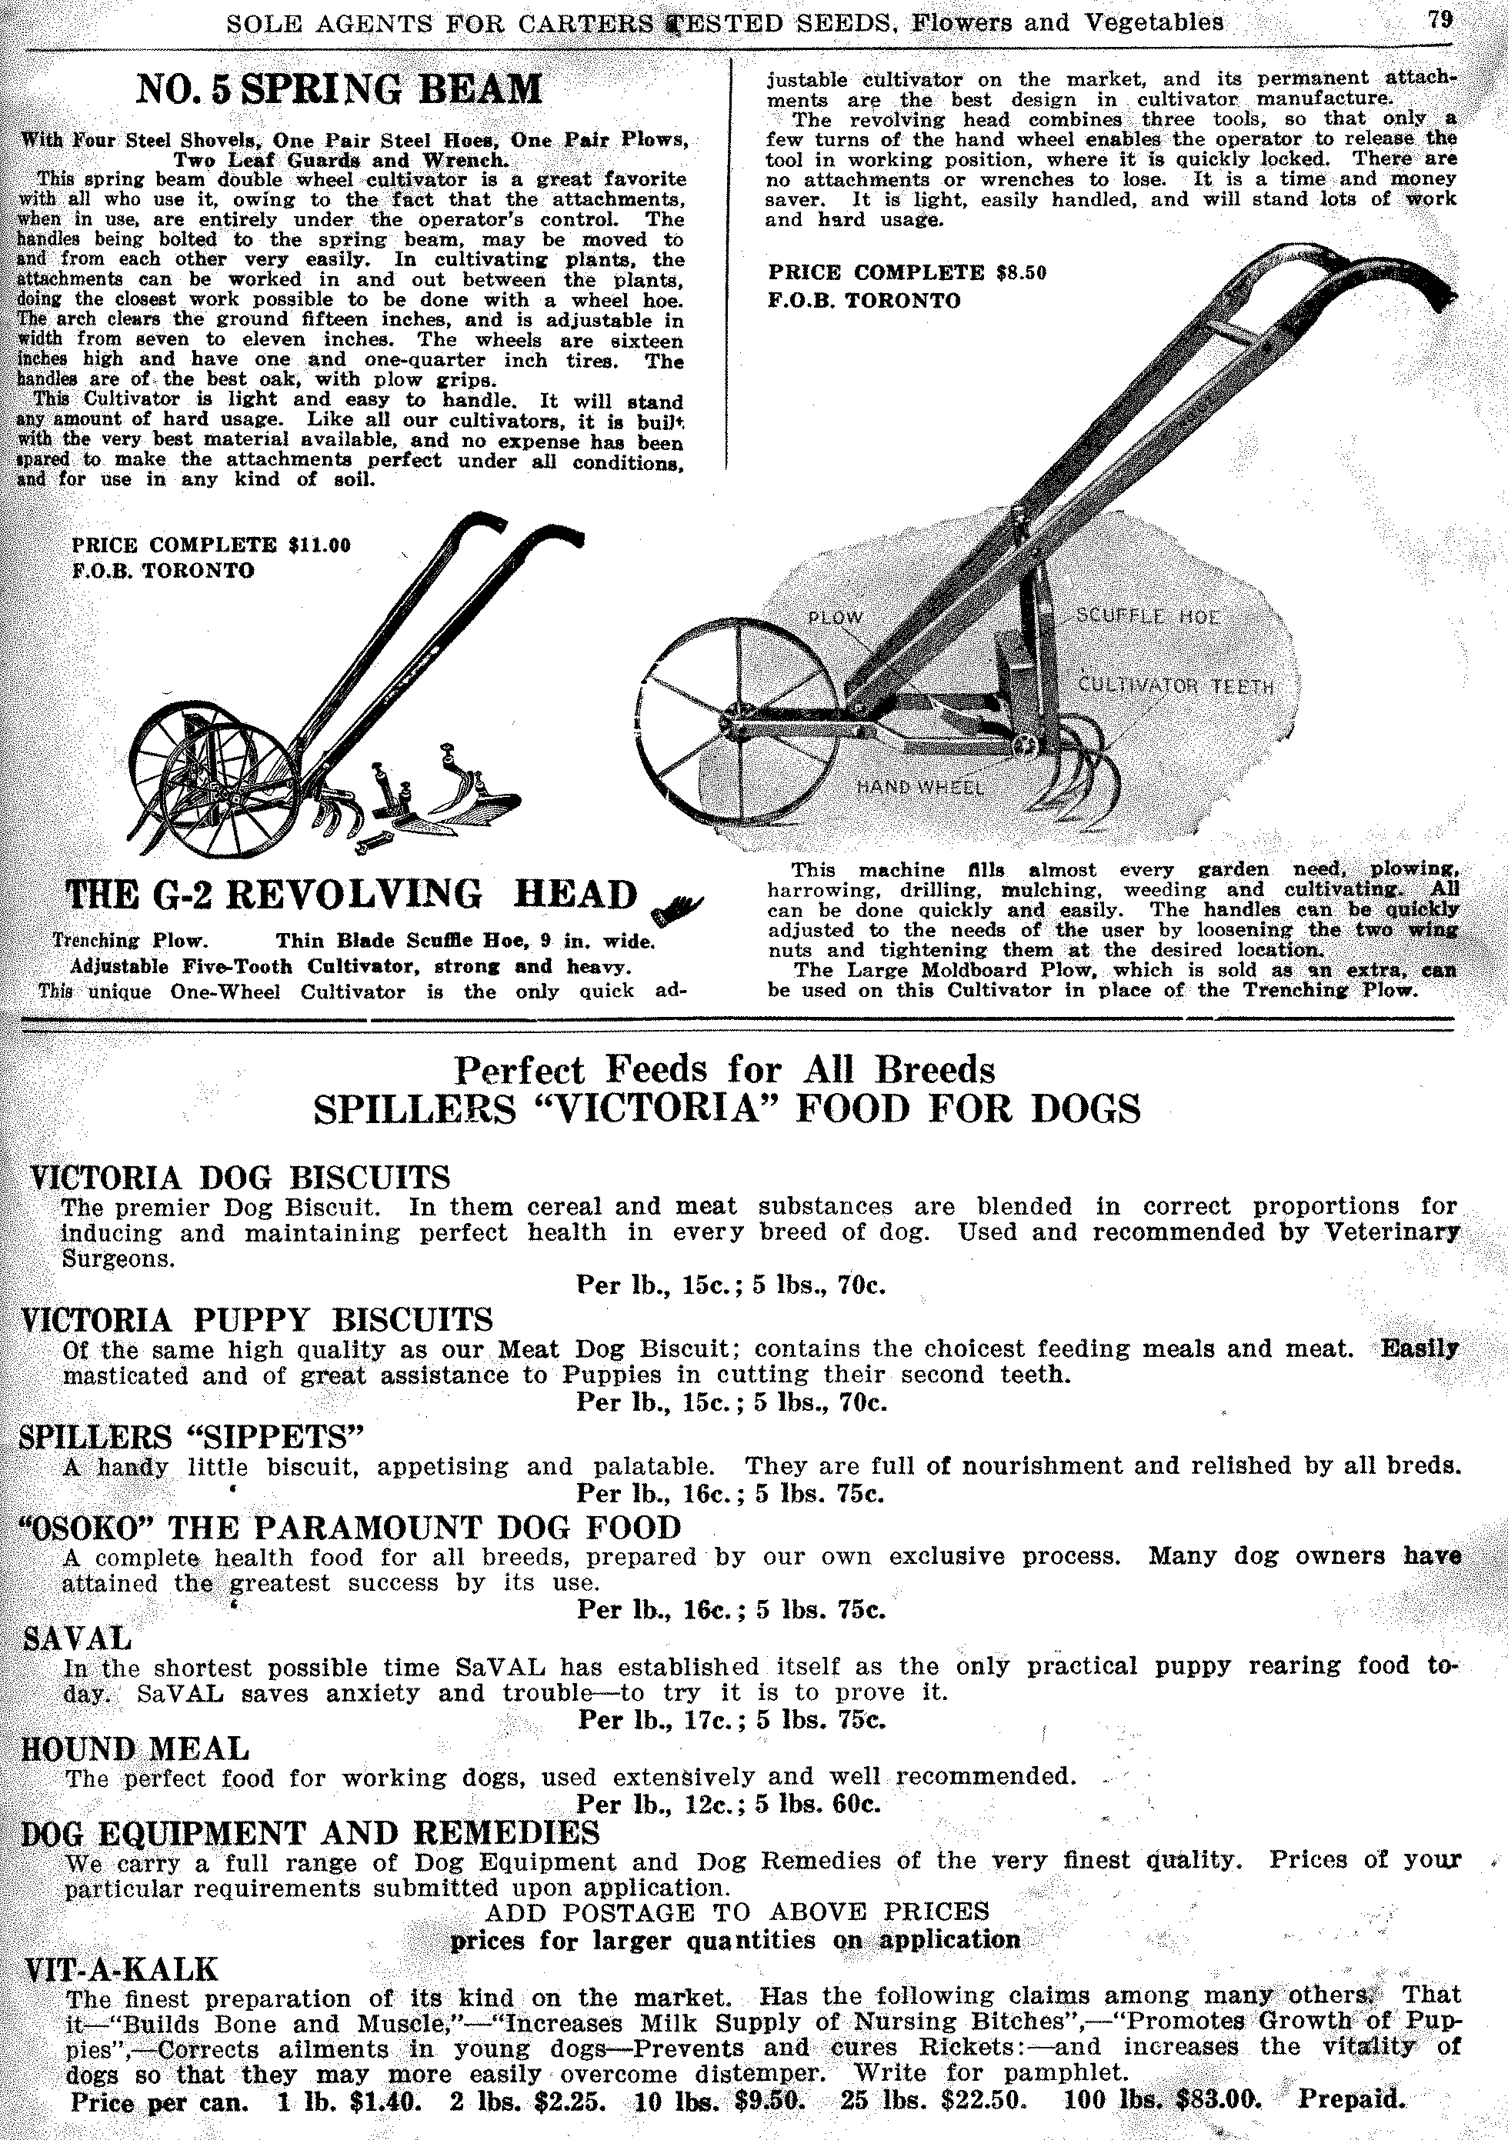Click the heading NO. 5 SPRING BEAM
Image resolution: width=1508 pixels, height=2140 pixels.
pyautogui.click(x=339, y=91)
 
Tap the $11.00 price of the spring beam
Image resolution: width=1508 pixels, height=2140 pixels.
pyautogui.click(x=320, y=545)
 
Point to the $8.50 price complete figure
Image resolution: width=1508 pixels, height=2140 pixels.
pyautogui.click(x=1020, y=272)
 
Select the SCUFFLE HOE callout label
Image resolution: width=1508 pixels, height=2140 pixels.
pyautogui.click(x=1147, y=616)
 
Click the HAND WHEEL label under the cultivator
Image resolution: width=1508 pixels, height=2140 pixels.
pyautogui.click(x=920, y=787)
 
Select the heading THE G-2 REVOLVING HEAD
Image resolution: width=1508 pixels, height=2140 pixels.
pyautogui.click(x=350, y=895)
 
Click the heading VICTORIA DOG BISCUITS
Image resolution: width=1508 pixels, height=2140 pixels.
pyautogui.click(x=239, y=1177)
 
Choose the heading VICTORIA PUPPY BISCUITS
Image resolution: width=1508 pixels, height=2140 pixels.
pyautogui.click(x=255, y=1320)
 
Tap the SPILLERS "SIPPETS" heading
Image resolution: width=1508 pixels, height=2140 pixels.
pyautogui.click(x=190, y=1436)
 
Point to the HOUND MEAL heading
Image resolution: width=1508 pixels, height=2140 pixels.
pyautogui.click(x=135, y=1748)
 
